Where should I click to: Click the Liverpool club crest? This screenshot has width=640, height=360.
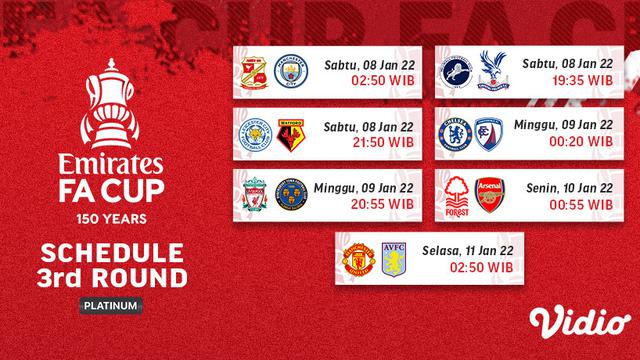[x=252, y=195]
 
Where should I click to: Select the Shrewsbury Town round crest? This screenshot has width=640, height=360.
[x=287, y=195]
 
